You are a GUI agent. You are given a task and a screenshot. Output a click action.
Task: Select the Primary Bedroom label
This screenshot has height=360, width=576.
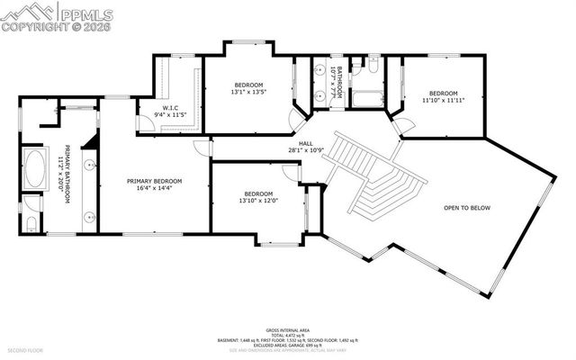click(154, 181)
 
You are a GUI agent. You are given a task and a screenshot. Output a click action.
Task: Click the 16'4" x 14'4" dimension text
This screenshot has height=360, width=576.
click(154, 189)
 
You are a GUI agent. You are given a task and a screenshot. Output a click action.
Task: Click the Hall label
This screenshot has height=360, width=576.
click(306, 142)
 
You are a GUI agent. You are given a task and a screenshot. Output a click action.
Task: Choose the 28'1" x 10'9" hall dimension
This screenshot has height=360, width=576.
click(306, 149)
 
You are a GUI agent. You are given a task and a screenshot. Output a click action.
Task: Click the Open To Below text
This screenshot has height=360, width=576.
click(467, 208)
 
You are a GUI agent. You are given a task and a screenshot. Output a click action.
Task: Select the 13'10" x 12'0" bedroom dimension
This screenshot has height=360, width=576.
click(258, 201)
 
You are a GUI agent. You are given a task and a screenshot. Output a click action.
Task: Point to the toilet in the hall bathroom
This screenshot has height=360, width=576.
click(373, 67)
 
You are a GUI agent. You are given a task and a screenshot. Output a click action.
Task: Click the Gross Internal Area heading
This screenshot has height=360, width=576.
click(288, 330)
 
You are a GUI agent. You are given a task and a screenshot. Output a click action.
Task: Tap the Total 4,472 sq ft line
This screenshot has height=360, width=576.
click(288, 336)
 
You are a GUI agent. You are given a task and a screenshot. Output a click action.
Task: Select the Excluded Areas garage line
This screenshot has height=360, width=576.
click(288, 346)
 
